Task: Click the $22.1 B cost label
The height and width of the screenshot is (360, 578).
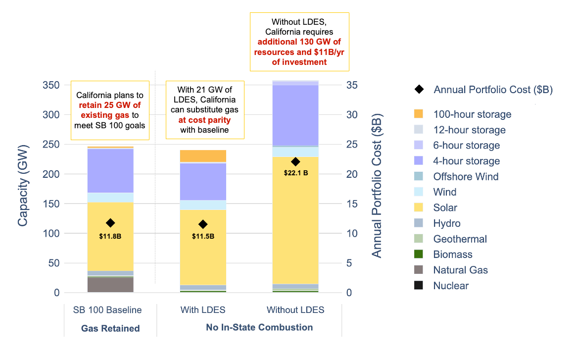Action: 295,173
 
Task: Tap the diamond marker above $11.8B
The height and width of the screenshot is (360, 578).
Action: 110,223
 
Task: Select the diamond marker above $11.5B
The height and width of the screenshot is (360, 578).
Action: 203,224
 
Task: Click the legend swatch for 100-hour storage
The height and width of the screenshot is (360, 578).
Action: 419,114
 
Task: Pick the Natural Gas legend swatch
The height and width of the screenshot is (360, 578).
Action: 419,270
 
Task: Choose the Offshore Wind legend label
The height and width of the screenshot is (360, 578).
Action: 466,177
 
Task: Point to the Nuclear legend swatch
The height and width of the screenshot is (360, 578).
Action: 419,286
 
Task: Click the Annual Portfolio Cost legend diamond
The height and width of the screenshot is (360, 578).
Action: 419,90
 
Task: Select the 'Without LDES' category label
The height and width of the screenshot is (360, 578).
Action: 295,310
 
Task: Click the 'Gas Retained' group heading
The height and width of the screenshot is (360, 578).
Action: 110,328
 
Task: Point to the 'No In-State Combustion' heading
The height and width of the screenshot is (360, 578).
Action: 259,327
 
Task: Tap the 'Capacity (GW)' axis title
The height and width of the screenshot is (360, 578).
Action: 23,184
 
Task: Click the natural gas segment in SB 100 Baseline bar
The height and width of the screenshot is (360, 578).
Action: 110,285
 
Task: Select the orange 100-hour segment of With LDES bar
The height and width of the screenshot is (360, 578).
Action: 203,156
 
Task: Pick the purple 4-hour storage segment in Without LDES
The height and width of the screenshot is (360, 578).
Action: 295,115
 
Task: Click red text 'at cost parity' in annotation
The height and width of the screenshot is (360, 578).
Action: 204,120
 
